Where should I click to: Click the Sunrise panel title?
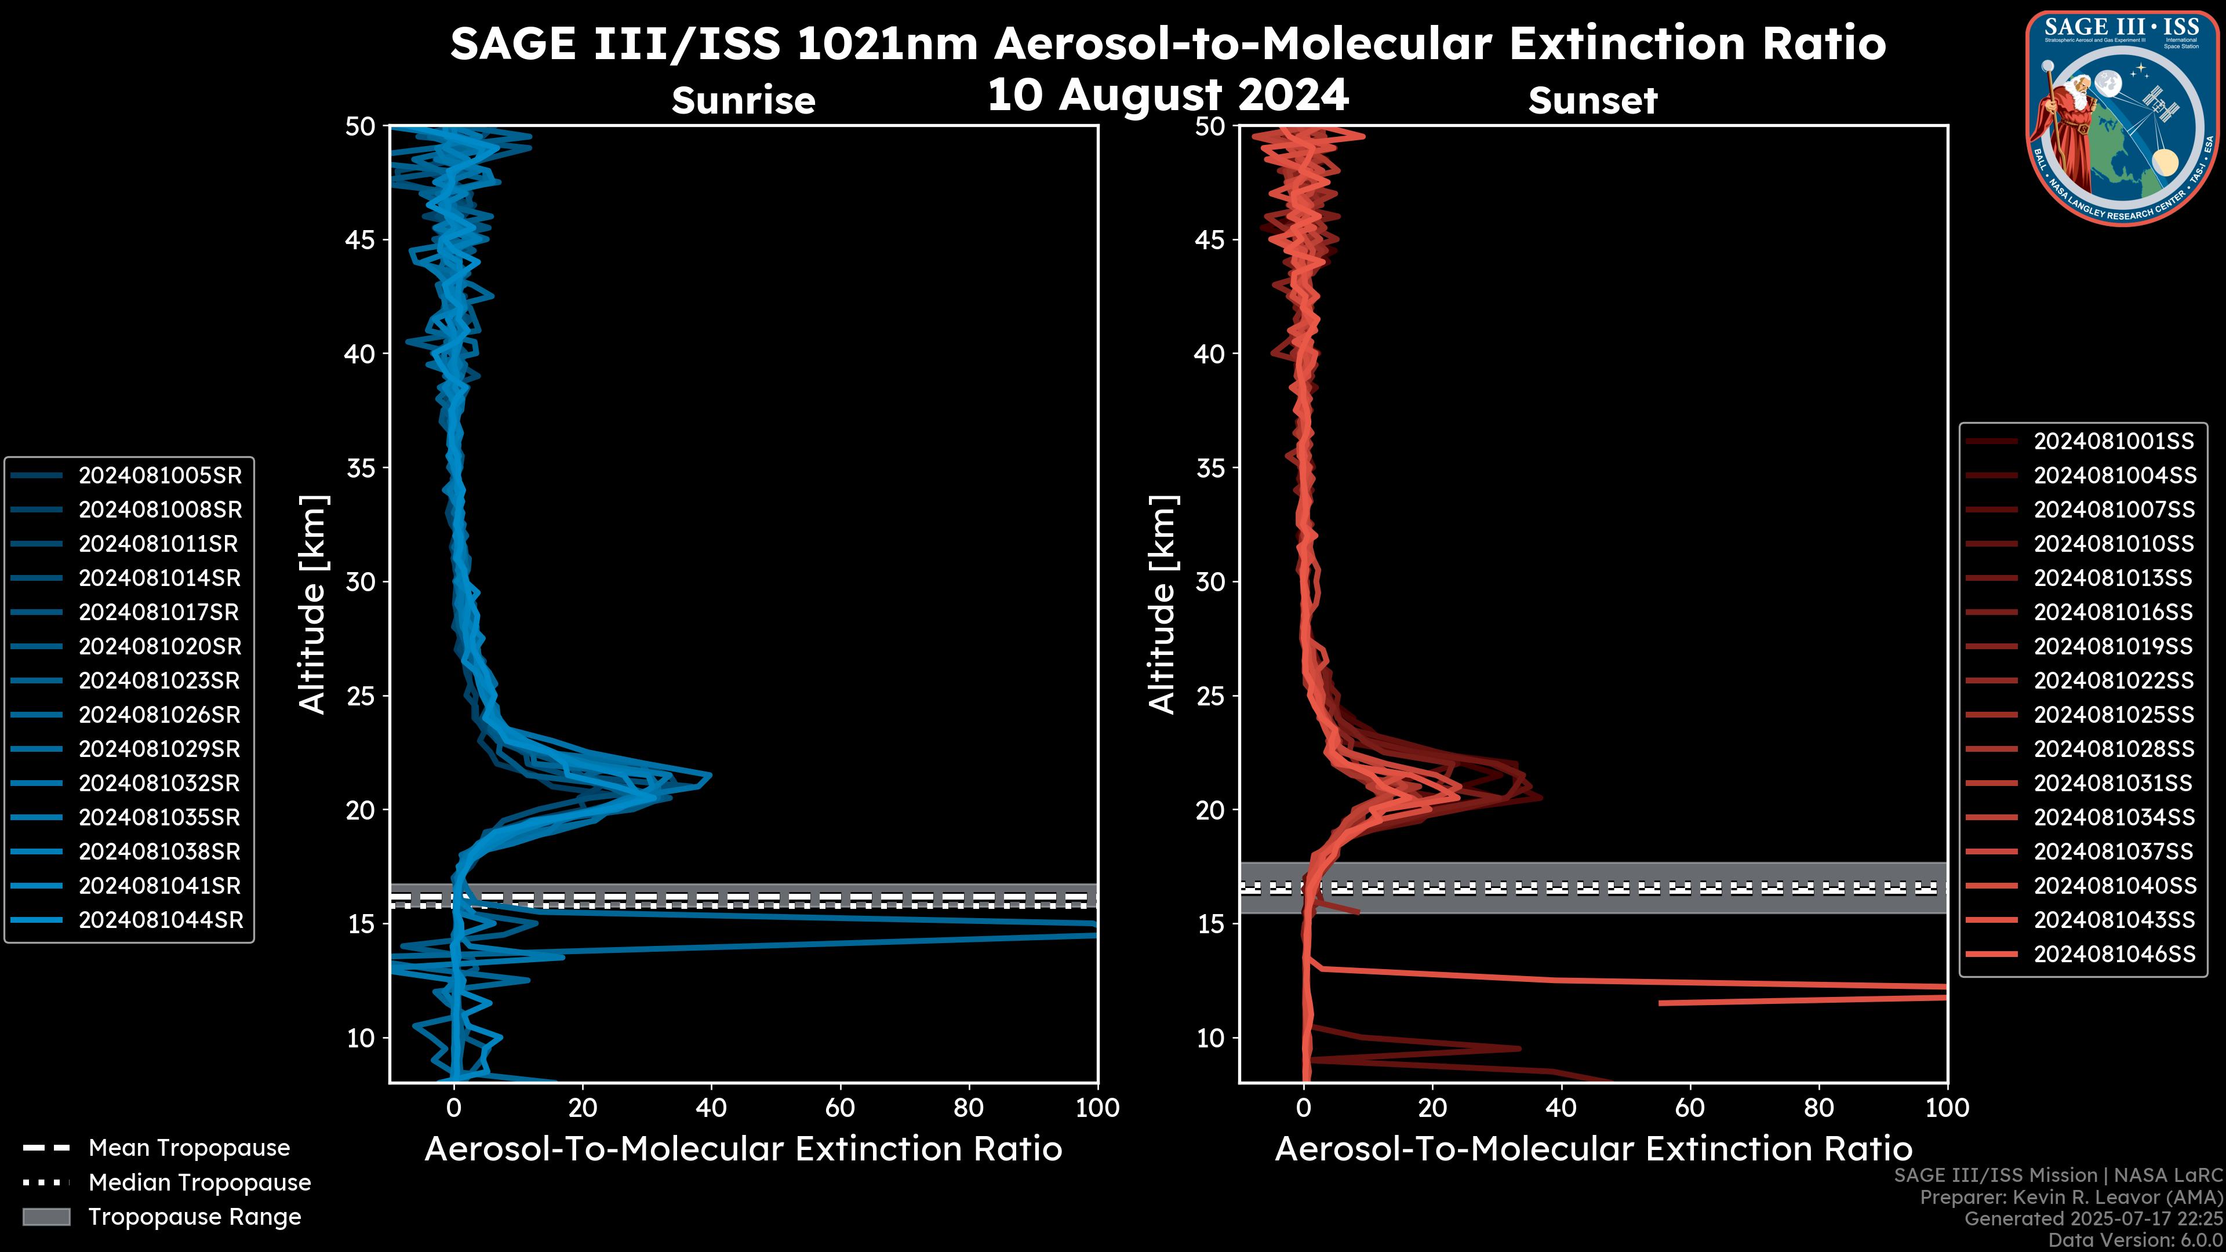(x=743, y=100)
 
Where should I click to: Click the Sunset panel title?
(x=1592, y=100)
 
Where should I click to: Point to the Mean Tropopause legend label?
(x=189, y=1148)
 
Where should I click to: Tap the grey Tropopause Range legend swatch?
(x=46, y=1217)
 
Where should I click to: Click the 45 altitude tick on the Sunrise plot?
(x=361, y=239)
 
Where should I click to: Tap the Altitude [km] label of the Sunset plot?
(x=1163, y=604)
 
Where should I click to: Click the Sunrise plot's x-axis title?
(x=743, y=1149)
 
